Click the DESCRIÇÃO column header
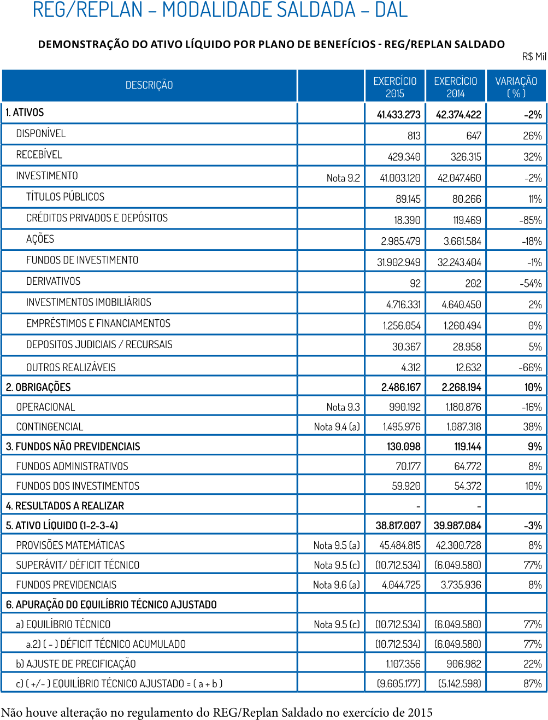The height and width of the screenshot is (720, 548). (149, 85)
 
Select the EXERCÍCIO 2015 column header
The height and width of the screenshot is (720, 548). (394, 87)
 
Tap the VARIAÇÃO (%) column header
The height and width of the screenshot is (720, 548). (516, 87)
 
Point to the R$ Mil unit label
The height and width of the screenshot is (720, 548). (533, 56)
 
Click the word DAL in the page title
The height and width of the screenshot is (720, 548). (391, 10)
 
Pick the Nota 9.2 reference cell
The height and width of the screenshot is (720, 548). (343, 178)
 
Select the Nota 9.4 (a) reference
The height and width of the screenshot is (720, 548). (337, 426)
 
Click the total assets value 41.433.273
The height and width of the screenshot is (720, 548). (398, 115)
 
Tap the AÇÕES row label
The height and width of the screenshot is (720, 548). (40, 239)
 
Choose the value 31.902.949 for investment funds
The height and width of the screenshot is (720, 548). (398, 262)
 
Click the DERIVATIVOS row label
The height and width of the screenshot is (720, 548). (53, 281)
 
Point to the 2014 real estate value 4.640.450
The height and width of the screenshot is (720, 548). (461, 305)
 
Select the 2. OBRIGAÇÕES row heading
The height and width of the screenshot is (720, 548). (38, 387)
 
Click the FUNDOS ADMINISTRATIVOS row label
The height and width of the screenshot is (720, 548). (72, 466)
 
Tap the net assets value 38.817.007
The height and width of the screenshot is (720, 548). (398, 525)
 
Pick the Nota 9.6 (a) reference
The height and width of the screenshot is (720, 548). (336, 584)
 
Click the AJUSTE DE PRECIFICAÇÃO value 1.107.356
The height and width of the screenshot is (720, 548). (403, 664)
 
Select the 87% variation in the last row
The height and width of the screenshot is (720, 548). (532, 683)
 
